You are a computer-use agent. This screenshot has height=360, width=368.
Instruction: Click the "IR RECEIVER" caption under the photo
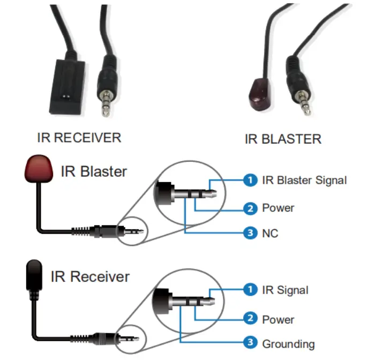[79, 138]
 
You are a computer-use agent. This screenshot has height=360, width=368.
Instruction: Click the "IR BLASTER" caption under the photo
[283, 139]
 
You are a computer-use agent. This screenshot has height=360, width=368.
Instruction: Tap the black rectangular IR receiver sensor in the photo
[67, 87]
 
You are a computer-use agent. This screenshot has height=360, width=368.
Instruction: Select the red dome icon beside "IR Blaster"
[39, 168]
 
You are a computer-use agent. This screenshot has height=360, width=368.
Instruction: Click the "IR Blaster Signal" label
[304, 180]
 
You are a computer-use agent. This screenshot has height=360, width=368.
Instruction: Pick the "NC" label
[270, 233]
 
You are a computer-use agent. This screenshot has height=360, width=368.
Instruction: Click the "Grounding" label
[288, 344]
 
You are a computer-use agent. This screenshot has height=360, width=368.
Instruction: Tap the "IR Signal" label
[285, 290]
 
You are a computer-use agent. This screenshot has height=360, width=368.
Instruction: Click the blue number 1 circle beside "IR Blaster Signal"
[250, 180]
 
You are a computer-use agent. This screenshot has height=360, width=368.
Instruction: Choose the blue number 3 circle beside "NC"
[250, 232]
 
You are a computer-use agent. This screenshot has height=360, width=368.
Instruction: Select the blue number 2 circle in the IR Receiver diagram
[250, 318]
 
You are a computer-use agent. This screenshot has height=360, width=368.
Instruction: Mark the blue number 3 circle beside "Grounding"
[250, 342]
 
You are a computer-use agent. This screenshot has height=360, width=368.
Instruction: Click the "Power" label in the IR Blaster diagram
[278, 208]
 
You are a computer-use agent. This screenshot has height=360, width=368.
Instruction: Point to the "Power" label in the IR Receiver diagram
[278, 320]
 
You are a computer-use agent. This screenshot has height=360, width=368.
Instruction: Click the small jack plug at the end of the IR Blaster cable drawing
[133, 231]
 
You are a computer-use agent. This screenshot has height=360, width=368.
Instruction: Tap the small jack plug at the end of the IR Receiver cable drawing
[129, 339]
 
